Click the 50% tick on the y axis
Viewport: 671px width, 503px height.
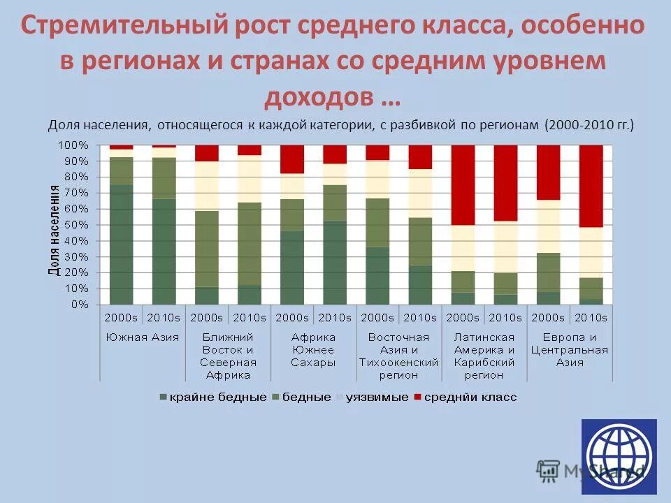79,225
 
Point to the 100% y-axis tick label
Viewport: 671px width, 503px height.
73,145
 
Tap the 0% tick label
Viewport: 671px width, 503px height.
82,305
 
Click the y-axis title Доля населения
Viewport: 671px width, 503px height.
53,230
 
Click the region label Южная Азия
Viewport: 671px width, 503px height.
143,337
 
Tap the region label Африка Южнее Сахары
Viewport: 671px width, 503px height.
313,350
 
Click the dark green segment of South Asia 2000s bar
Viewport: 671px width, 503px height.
121,245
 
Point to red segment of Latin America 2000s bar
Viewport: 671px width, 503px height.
463,185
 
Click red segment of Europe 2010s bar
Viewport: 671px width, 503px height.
591,186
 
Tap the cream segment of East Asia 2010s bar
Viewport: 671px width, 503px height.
420,193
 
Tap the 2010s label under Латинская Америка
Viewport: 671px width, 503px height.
505,317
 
